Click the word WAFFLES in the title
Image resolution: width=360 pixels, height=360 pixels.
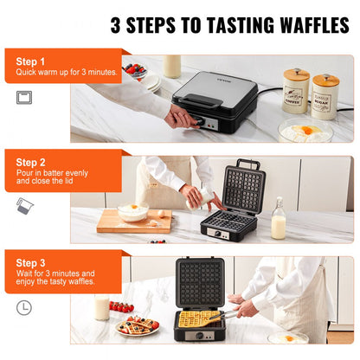[x=303, y=24]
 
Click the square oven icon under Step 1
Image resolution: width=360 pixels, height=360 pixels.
[x=24, y=97]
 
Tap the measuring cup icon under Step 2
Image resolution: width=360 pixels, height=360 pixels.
[x=24, y=205]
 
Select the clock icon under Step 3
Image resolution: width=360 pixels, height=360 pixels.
[x=24, y=306]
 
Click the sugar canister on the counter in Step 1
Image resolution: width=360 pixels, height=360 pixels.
[x=325, y=95]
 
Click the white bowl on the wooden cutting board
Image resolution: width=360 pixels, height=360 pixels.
[x=133, y=213]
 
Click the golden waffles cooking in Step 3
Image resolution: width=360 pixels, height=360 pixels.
[x=200, y=319]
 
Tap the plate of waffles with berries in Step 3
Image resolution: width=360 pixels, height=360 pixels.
[x=138, y=326]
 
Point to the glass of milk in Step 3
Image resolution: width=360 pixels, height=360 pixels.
[x=102, y=307]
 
